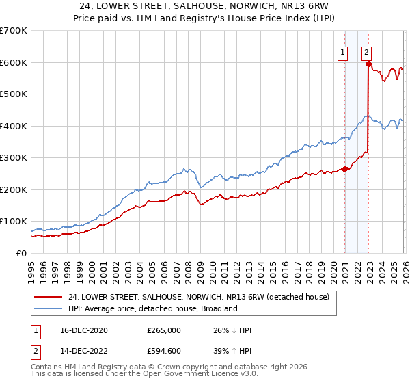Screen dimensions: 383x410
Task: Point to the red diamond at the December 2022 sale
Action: tap(368, 64)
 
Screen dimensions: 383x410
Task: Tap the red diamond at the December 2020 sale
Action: tap(344, 169)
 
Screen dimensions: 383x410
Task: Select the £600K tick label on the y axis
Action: tap(14, 62)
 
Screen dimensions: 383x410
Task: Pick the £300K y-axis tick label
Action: tap(14, 158)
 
